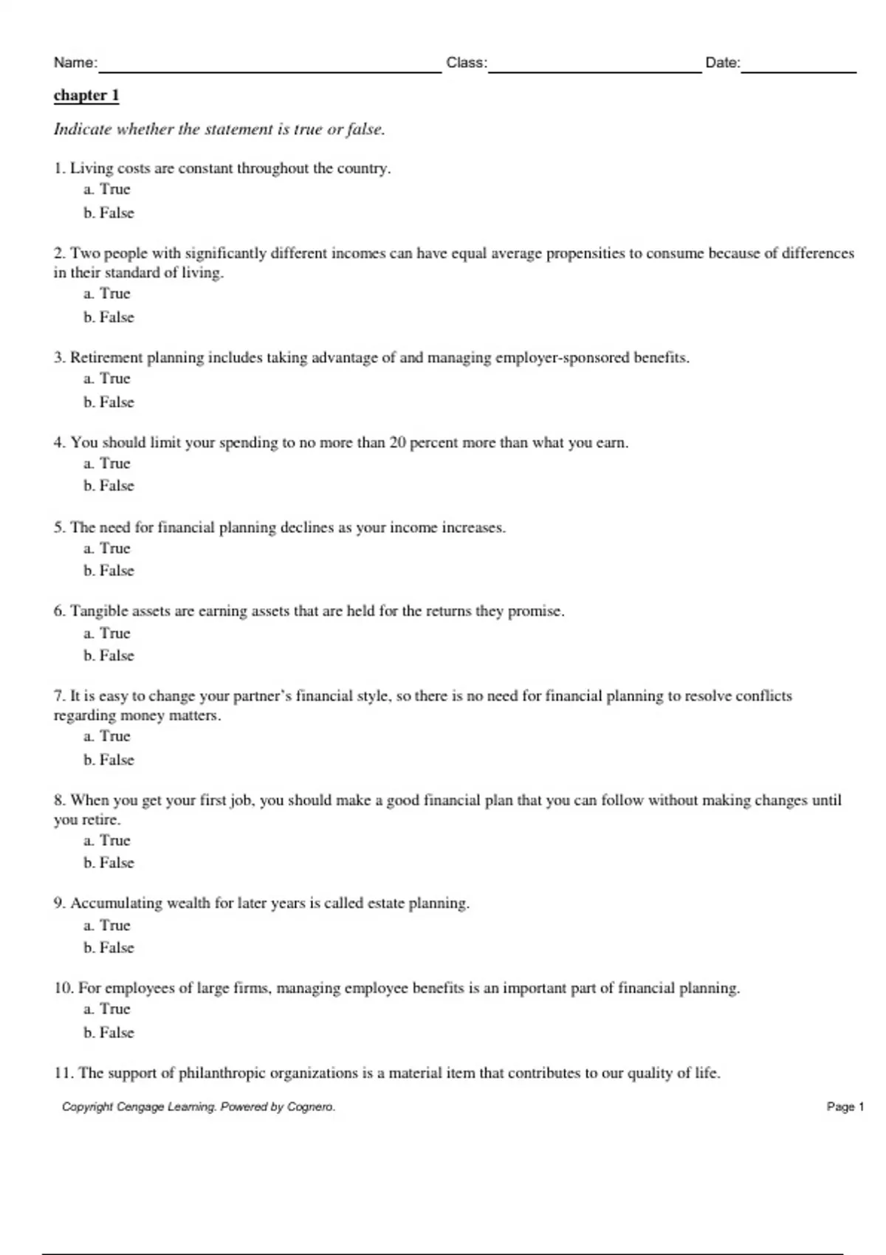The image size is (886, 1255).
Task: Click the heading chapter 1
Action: coord(86,95)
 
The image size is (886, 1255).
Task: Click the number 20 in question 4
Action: coord(397,443)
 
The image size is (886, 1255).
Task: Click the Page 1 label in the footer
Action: coord(845,1107)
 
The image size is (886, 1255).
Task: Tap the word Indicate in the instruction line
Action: coord(82,129)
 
